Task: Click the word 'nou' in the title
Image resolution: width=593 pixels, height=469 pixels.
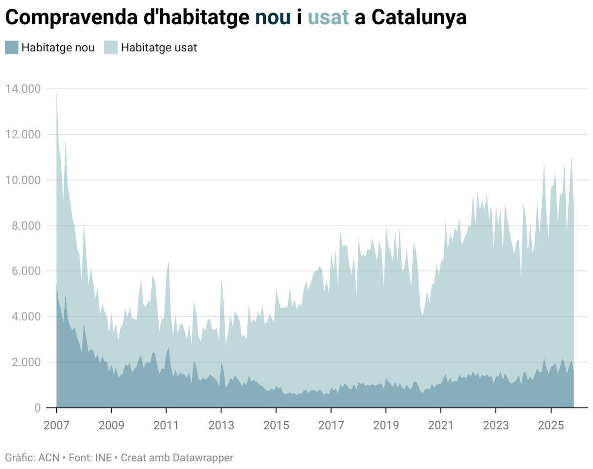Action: tap(273, 18)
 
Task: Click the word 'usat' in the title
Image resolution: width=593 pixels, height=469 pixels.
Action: tap(328, 18)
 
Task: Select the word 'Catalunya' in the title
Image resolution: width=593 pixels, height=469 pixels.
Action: tap(419, 18)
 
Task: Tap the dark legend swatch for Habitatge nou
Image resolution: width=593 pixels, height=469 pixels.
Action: tap(11, 48)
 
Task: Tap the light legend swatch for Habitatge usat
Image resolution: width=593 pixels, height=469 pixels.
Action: tap(111, 48)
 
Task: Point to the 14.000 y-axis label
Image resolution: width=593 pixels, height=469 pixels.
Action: tap(23, 89)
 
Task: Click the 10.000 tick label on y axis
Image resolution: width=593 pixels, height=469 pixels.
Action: tap(23, 180)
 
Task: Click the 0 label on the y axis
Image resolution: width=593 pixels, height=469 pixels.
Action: tap(37, 408)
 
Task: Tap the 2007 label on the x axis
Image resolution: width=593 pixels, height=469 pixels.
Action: tap(56, 425)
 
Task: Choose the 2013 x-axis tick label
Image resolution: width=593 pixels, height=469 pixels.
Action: tap(221, 425)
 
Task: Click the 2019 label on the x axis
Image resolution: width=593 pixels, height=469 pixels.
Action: tap(385, 425)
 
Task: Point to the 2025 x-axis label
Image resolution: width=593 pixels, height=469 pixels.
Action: tap(551, 425)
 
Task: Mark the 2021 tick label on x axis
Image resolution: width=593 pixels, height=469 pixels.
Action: tap(440, 425)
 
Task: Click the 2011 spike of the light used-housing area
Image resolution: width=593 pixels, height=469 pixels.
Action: tap(169, 263)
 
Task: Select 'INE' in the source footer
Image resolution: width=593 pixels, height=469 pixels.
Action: tap(103, 458)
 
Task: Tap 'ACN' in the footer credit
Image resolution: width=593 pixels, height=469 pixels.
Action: tap(48, 458)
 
